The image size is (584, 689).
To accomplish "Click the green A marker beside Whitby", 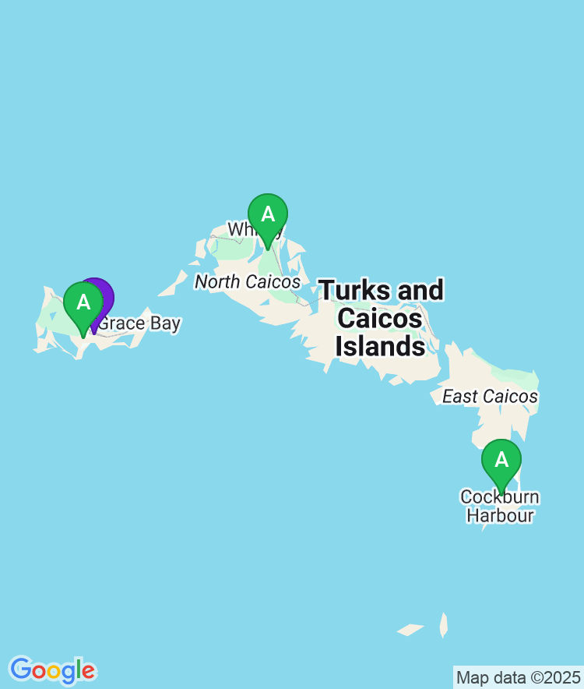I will tap(268, 214).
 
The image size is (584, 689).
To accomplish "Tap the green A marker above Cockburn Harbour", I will tap(501, 460).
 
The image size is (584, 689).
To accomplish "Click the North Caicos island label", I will tap(248, 281).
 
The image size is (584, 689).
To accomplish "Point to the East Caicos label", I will tap(490, 397).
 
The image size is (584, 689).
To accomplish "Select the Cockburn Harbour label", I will tap(500, 506).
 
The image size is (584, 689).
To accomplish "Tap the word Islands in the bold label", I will tap(380, 346).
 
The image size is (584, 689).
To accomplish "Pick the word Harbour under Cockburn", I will tap(500, 515).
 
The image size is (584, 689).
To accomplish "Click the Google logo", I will tap(52, 670).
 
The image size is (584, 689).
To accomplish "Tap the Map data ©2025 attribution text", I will tap(518, 677).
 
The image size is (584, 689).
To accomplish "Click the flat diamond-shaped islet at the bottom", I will tap(410, 629).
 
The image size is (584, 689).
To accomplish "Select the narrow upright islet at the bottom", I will tap(444, 625).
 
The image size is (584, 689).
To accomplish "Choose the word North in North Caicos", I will tap(217, 281).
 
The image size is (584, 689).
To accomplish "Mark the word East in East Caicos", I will tap(459, 397).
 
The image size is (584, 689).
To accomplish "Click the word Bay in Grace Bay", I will tap(164, 323).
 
